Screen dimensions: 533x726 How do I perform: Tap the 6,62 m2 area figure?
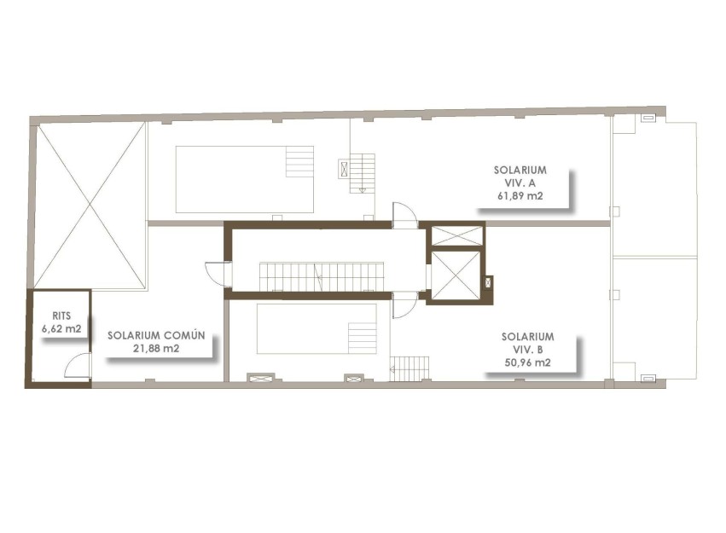point(61,327)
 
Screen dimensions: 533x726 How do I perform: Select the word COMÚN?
point(185,335)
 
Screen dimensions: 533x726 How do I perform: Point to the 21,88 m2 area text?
point(156,348)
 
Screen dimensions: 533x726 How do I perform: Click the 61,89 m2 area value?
point(520,195)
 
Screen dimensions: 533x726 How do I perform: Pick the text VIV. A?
point(520,182)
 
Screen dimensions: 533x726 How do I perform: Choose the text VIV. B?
point(527,349)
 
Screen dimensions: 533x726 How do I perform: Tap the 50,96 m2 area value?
point(527,362)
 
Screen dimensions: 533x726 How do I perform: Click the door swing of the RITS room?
point(78,366)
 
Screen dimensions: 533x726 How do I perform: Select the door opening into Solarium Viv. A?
point(404,215)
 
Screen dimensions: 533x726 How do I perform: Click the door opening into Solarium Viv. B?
point(404,304)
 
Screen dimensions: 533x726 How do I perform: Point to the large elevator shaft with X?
point(455,275)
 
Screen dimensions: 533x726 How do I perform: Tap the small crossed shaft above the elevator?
point(456,236)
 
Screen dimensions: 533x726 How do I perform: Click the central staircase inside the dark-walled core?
point(322,276)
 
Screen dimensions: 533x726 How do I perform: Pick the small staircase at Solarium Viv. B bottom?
point(410,368)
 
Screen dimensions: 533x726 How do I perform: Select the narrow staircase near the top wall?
point(363,172)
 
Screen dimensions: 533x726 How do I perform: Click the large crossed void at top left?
point(90,205)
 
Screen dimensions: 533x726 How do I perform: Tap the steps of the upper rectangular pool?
point(299,162)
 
